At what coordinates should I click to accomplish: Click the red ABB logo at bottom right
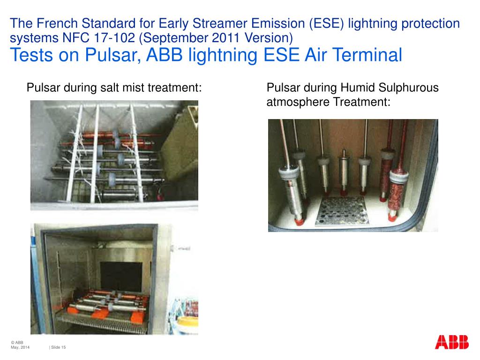point(451,342)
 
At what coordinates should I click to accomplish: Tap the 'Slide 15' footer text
point(59,347)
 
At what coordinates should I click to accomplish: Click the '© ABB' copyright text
point(17,343)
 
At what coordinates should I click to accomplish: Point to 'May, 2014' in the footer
point(20,347)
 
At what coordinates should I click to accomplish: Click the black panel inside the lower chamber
point(120,277)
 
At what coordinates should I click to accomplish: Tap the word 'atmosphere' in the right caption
point(298,102)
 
